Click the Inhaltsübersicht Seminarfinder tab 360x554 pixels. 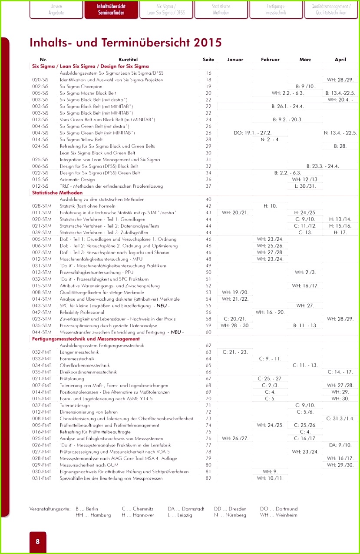click(112, 10)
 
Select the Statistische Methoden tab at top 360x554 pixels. click(221, 10)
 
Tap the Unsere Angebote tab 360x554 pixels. click(56, 10)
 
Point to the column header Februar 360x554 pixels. click(270, 60)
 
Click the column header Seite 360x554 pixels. click(208, 60)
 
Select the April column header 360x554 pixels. click(340, 60)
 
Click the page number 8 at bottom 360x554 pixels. click(38, 541)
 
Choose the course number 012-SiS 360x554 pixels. click(40, 186)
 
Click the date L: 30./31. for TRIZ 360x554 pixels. click(305, 186)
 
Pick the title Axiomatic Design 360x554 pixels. click(77, 179)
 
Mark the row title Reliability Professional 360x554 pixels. click(82, 312)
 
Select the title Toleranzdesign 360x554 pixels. click(75, 405)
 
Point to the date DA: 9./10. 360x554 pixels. click(340, 445)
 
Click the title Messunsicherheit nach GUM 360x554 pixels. click(89, 465)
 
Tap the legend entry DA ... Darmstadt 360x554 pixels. click(186, 509)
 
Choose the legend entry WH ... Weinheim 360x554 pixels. click(279, 515)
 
